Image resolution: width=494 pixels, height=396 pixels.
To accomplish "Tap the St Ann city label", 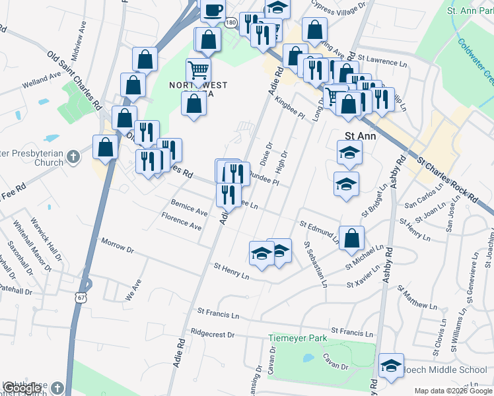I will tap(361, 137).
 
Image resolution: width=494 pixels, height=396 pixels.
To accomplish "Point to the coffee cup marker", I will tap(213, 9).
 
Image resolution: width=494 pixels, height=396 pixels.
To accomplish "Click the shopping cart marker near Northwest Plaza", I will tap(198, 70).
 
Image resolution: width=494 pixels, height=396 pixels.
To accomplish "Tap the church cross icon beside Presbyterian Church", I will tap(73, 157).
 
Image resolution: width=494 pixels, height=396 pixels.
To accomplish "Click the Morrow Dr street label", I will tap(118, 247).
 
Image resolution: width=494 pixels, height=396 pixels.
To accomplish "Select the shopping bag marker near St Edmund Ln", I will tap(352, 238).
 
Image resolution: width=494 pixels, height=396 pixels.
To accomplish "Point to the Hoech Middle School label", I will tap(445, 369).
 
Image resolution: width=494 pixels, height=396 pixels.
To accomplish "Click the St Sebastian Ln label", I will tap(315, 263).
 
